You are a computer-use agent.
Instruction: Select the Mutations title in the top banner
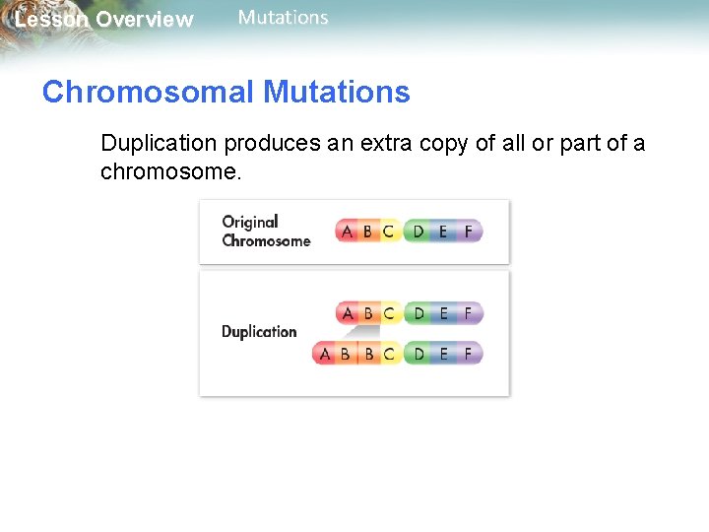coord(283,18)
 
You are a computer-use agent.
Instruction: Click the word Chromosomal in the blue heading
coord(148,93)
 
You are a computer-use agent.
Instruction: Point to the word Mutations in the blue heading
coord(337,93)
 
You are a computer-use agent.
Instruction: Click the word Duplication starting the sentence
coord(158,143)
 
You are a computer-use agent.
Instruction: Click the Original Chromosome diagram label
coord(265,232)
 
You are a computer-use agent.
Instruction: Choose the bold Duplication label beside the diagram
coord(259,332)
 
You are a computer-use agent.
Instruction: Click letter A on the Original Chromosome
coord(346,232)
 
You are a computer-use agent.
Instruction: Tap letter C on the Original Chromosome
coord(388,232)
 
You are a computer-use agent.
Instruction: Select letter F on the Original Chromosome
coord(468,232)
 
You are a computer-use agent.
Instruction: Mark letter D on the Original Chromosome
coord(419,232)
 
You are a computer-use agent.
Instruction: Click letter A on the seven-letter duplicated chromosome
coord(325,353)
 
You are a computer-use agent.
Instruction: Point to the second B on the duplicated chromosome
coord(368,353)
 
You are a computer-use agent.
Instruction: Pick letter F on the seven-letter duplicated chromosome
coord(468,353)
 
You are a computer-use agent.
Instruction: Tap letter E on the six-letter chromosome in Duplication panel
coord(443,313)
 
